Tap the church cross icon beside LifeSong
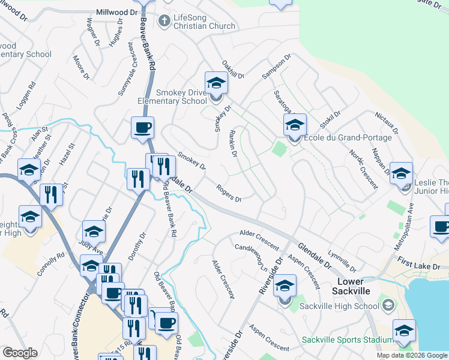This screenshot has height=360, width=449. pyautogui.click(x=164, y=21)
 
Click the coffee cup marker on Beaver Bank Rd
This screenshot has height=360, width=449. pyautogui.click(x=142, y=128)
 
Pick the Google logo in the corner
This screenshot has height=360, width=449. pyautogui.click(x=20, y=353)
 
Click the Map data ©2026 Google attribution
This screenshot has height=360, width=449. pyautogui.click(x=412, y=355)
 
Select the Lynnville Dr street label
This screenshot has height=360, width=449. pyautogui.click(x=342, y=262)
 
